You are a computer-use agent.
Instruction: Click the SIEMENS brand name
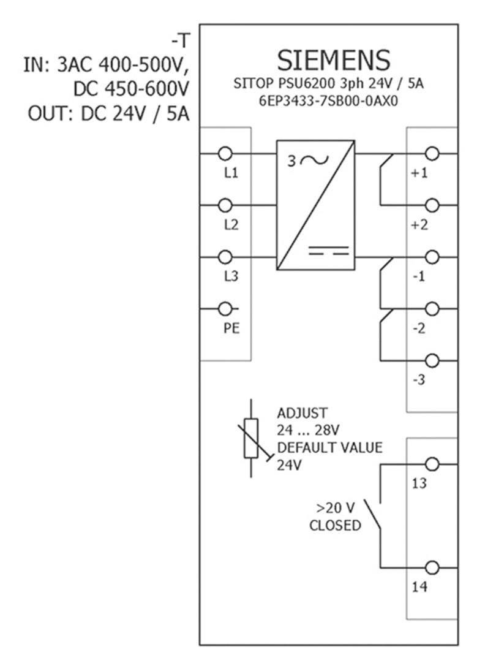[334, 61]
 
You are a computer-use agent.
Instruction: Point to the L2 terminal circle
[225, 205]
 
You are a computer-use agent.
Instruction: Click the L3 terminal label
[230, 277]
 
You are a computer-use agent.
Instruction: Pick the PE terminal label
[231, 328]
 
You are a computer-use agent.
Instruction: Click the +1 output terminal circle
[432, 153]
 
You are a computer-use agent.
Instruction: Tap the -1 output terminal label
[418, 277]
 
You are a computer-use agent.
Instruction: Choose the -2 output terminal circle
[432, 308]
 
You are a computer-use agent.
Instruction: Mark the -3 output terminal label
[418, 381]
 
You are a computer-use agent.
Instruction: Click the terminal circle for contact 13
[432, 464]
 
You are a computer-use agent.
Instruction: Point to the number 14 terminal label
[419, 587]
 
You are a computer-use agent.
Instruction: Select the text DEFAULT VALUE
[329, 447]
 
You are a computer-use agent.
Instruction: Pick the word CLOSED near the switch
[335, 525]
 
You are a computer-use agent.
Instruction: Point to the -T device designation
[181, 42]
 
